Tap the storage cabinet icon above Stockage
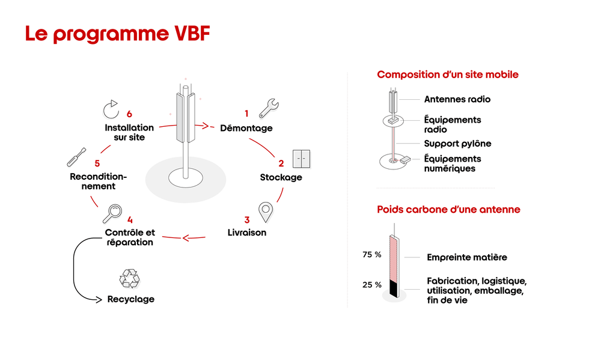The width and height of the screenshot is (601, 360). click(301, 159)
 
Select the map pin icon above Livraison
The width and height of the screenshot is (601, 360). click(266, 212)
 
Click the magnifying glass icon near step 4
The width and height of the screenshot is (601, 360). click(113, 213)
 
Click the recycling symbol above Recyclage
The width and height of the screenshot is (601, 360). click(129, 279)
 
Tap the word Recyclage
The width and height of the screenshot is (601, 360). click(130, 299)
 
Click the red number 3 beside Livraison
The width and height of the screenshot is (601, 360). click(246, 221)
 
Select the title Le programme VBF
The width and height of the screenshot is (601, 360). click(117, 34)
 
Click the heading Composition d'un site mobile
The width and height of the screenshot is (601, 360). click(448, 75)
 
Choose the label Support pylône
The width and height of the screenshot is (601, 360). click(457, 144)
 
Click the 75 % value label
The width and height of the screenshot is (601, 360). click(372, 255)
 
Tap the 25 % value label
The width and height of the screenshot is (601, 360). click(372, 284)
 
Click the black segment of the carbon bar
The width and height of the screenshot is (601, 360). click(394, 288)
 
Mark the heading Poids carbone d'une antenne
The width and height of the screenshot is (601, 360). click(448, 210)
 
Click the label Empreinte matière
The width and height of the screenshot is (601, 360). click(467, 257)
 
